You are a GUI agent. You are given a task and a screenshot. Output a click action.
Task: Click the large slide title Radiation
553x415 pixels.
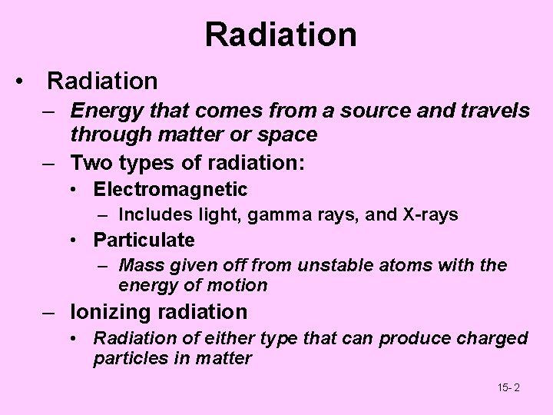280,35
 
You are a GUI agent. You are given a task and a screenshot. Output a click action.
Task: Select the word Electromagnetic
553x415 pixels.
171,189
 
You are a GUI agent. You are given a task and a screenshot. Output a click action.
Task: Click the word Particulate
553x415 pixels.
144,241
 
